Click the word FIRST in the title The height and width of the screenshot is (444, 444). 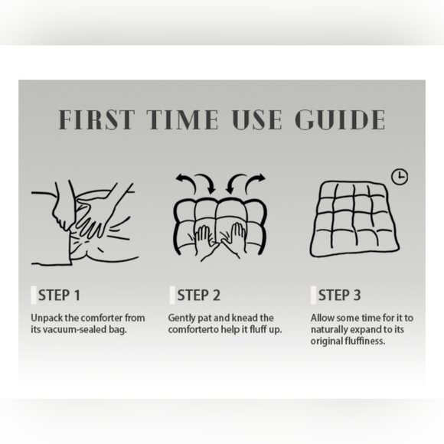click(96, 119)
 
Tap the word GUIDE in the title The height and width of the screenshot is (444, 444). click(340, 119)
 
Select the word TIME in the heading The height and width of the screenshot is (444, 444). click(182, 119)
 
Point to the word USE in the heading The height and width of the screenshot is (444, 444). click(256, 119)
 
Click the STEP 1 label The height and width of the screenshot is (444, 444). click(59, 295)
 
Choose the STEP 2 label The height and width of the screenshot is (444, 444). click(198, 295)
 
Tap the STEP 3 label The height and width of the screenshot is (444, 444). click(340, 295)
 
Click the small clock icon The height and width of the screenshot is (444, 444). click(400, 177)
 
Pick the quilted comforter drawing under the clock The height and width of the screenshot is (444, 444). click(354, 219)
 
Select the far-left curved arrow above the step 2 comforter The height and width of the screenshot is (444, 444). click(185, 183)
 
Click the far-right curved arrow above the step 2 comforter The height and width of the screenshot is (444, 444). click(256, 183)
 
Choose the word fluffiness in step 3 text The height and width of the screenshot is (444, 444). click(365, 341)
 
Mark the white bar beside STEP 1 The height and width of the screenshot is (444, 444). click(34, 295)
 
